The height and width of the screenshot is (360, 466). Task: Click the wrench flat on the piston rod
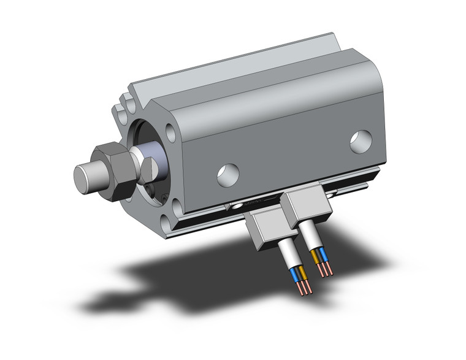150,167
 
